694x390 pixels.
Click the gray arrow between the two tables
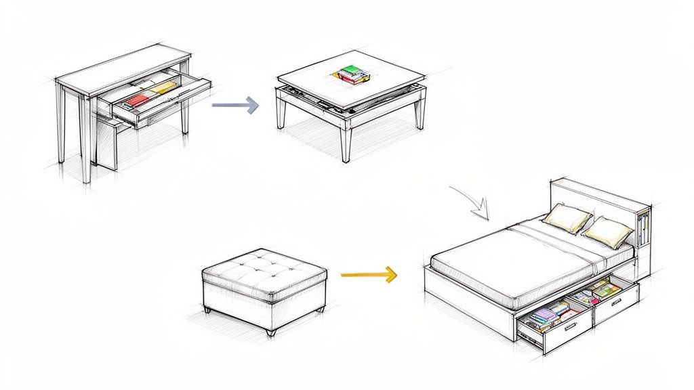236,105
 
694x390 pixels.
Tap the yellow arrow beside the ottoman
368,275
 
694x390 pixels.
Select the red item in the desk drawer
138,100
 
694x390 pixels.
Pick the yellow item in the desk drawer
165,87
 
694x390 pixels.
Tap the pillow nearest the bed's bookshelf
608,232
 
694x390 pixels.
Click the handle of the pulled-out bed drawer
571,327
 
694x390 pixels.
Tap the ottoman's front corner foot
271,331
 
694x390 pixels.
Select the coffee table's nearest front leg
346,143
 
